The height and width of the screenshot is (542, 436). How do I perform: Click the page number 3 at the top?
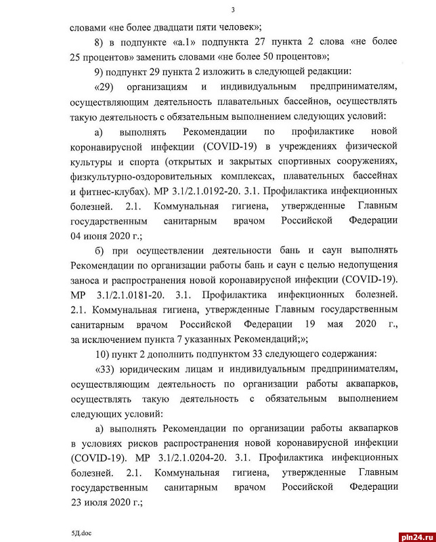point(232,9)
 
